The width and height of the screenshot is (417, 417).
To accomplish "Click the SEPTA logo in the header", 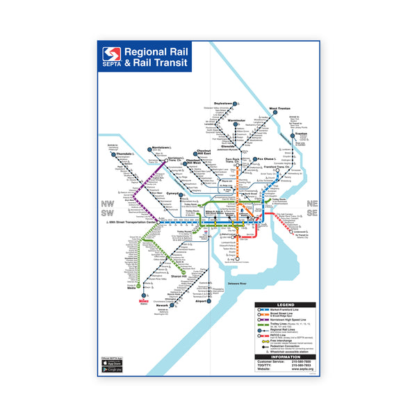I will tap(112, 56).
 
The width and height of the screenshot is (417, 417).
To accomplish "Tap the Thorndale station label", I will tap(125, 154).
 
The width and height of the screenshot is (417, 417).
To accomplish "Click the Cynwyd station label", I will tap(172, 194).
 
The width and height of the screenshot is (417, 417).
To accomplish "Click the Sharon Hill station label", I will tap(182, 276).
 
